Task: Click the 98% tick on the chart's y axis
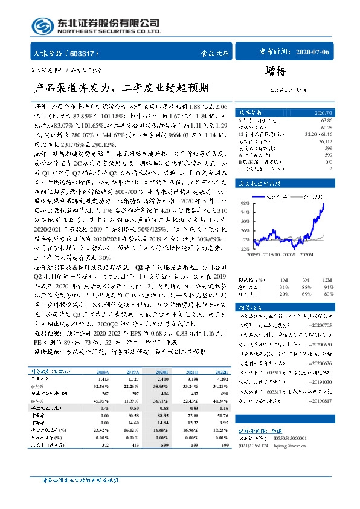click(x=245, y=204)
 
